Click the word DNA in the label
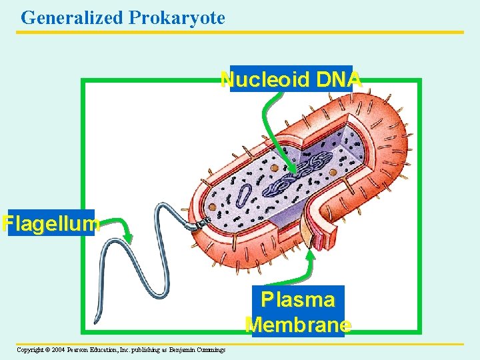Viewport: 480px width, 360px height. pos(339,80)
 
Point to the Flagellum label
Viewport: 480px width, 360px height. pos(51,223)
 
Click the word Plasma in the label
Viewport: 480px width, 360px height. pos(297,299)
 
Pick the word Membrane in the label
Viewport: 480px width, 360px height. pos(298,325)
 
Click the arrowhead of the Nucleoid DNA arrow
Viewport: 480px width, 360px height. pos(293,171)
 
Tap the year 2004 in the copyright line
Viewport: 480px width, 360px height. pos(57,349)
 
